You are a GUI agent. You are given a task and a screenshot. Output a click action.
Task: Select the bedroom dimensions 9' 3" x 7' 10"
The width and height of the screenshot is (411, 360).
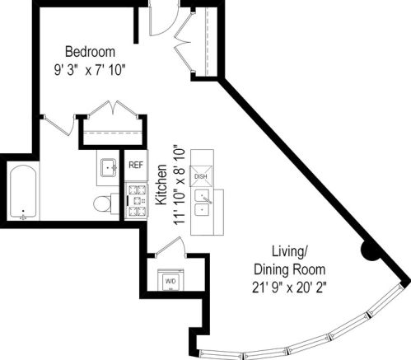click(91, 69)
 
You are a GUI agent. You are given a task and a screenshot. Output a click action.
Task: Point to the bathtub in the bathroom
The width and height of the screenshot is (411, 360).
click(24, 194)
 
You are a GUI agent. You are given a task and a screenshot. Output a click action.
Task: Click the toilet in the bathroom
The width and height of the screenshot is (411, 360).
click(103, 203)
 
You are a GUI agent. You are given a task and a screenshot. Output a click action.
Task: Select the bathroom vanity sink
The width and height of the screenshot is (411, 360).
click(108, 168)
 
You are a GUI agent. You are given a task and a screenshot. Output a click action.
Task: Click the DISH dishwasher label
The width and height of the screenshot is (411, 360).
click(200, 176)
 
